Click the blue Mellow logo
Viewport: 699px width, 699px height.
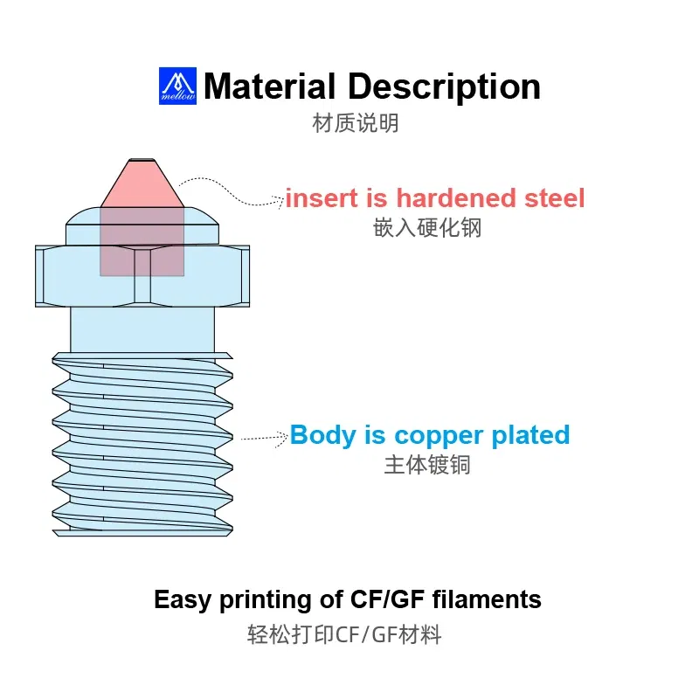(x=177, y=86)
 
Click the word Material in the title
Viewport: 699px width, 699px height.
(x=269, y=87)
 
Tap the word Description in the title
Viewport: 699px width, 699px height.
(x=444, y=87)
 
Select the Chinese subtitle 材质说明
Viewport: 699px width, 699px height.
(x=356, y=123)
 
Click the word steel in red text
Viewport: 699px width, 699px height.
(x=553, y=198)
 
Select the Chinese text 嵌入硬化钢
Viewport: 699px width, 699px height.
(x=427, y=228)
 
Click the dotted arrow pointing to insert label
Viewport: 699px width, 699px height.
(x=232, y=191)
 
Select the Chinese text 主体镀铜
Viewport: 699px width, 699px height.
(x=427, y=464)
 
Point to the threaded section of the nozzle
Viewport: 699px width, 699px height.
(x=142, y=446)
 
